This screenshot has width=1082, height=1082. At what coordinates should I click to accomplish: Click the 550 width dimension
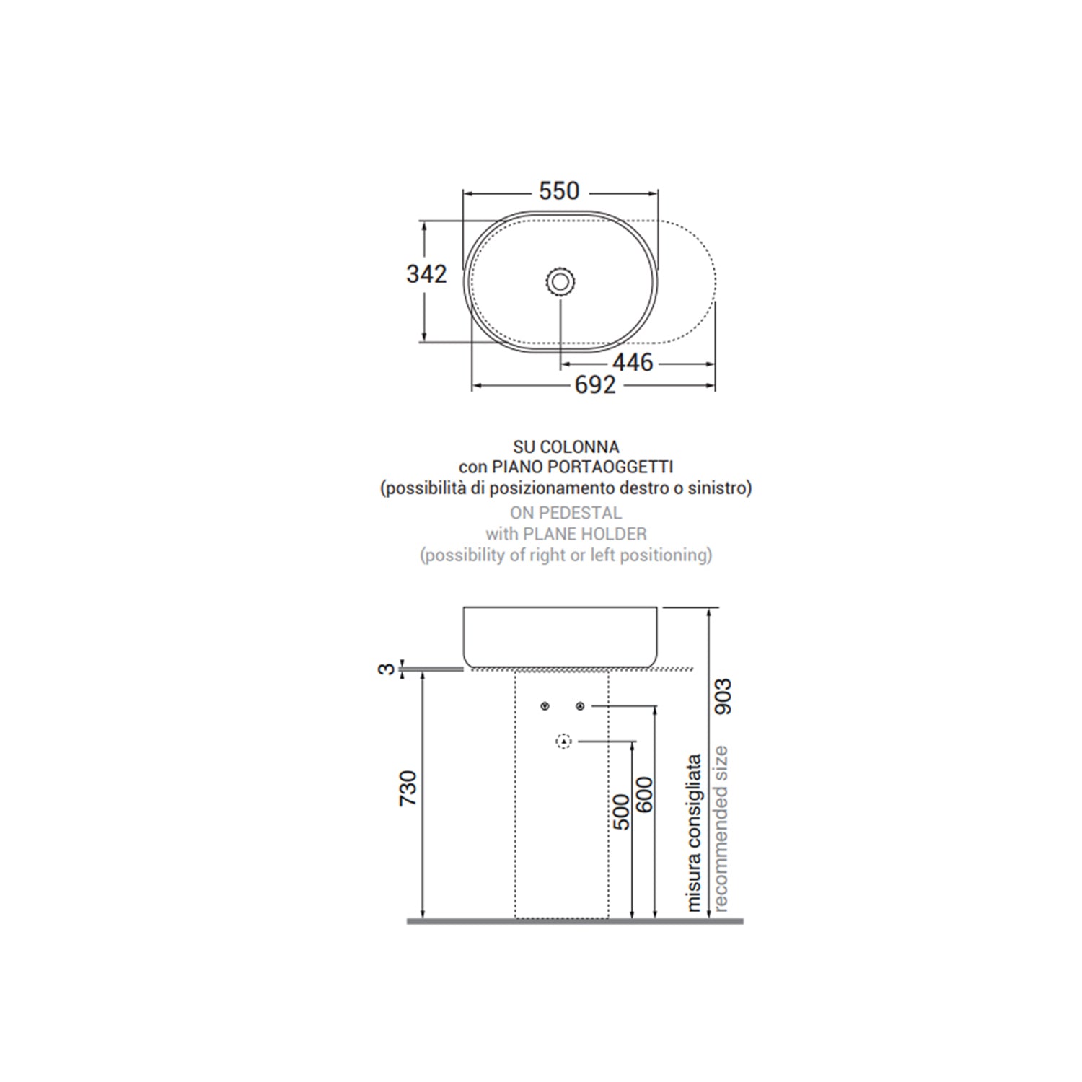click(x=559, y=190)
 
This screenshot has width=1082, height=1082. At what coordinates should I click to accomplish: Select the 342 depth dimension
click(x=426, y=274)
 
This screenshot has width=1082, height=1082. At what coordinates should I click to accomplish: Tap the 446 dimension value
click(x=633, y=362)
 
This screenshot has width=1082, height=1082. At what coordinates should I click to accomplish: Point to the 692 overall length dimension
click(x=595, y=385)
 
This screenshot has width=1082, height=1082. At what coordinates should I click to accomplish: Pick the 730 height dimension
click(x=408, y=788)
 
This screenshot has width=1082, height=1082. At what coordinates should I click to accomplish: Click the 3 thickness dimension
click(x=387, y=669)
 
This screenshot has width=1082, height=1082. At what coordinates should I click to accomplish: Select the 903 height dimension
click(x=722, y=696)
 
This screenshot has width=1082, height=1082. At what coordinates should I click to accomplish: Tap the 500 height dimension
click(x=621, y=811)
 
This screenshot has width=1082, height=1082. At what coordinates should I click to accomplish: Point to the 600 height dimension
click(x=644, y=794)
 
